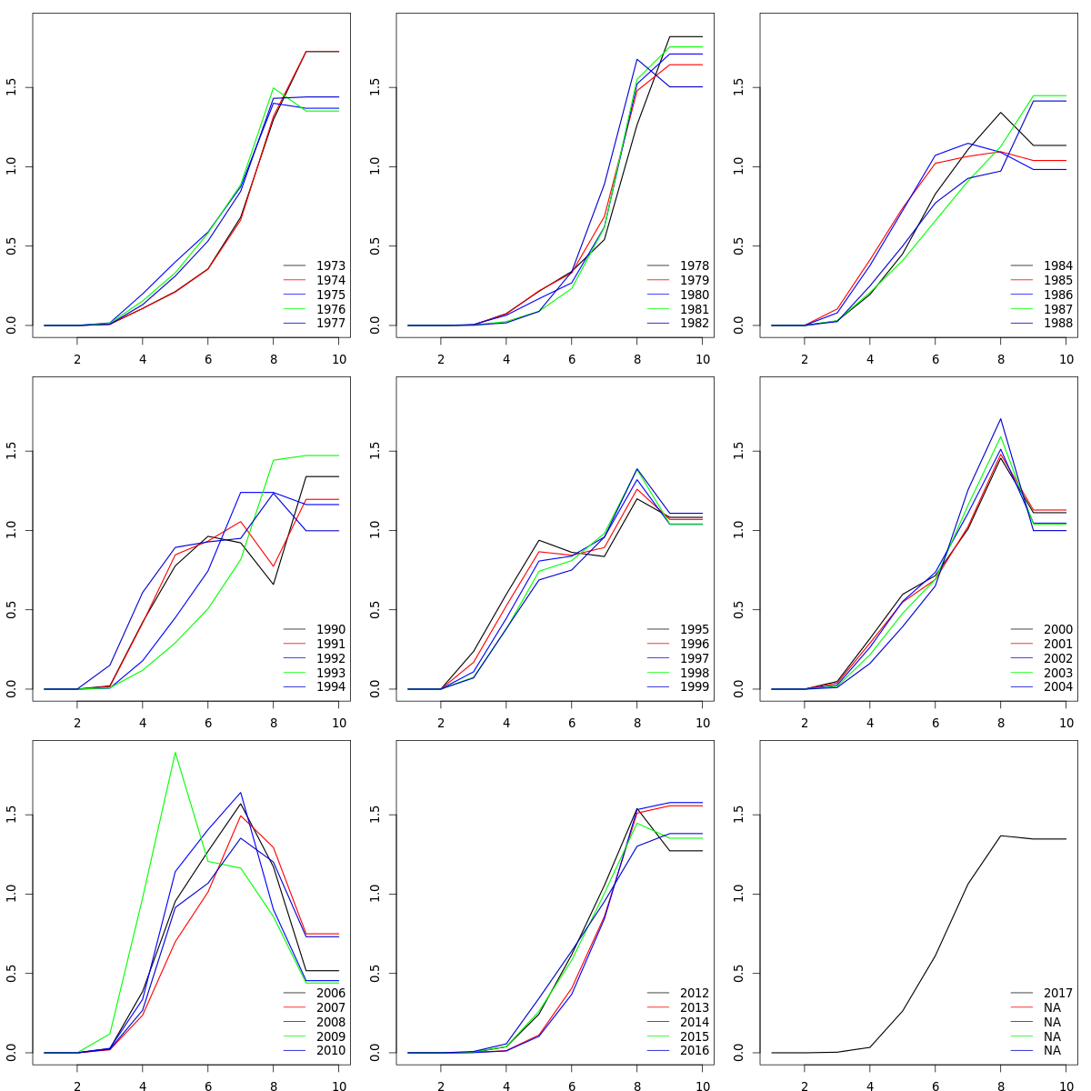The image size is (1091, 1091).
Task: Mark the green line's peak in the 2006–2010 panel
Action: coord(175,752)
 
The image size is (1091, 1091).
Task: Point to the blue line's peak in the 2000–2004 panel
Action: coord(1000,419)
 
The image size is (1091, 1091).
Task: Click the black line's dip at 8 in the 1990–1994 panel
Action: coord(273,584)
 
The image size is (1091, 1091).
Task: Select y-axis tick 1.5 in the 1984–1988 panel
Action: coord(738,87)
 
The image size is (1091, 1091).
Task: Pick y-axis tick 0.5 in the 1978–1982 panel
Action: coord(375,245)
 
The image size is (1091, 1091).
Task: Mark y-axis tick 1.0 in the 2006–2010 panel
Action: coord(11,894)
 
